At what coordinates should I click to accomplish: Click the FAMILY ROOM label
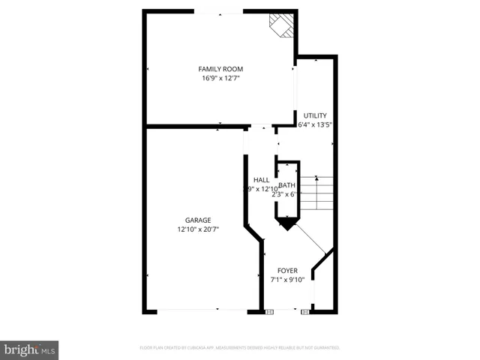click(x=221, y=69)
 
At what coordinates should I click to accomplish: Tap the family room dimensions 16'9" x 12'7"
click(x=221, y=78)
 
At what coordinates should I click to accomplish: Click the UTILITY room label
click(x=315, y=115)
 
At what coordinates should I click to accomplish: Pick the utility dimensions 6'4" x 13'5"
click(x=315, y=124)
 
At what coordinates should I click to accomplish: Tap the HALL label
click(x=261, y=180)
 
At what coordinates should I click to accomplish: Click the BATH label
click(x=286, y=185)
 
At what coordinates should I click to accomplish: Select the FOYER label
click(x=287, y=270)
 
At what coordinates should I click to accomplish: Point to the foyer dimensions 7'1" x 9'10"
click(x=287, y=279)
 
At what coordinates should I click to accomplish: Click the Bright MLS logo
click(x=29, y=349)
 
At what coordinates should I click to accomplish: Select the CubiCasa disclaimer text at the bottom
click(x=240, y=348)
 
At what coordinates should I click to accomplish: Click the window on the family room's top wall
click(x=218, y=11)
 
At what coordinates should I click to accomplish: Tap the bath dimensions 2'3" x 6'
click(x=286, y=194)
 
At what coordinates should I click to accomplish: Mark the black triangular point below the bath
click(x=287, y=223)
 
